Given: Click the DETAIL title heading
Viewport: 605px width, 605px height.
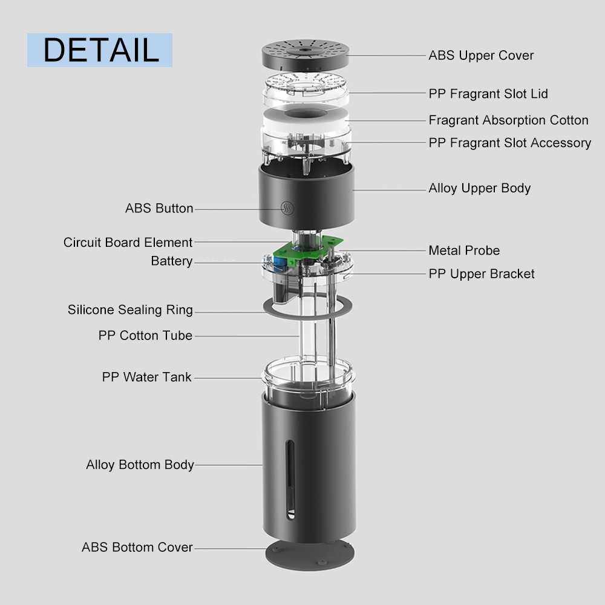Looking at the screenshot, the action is click(101, 50).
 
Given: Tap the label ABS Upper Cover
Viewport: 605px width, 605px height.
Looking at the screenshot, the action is click(481, 56).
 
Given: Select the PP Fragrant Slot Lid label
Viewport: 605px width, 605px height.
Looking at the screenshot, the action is click(488, 94).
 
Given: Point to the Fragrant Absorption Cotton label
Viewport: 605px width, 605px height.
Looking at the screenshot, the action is click(509, 120).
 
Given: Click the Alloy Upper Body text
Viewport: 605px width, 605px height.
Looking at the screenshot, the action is click(480, 188).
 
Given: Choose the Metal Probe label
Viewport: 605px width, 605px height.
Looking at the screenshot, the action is click(464, 250).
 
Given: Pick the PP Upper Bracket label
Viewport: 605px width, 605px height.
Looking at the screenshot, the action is click(482, 273).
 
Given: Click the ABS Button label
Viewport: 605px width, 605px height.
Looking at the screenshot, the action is click(159, 208).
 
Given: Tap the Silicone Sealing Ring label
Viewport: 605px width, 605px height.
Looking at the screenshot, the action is click(130, 310).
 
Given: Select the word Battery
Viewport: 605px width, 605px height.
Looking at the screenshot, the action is click(171, 261).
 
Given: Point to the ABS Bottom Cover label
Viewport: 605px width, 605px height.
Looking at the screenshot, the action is click(137, 547).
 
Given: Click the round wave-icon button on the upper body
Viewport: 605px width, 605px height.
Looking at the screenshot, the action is click(287, 208).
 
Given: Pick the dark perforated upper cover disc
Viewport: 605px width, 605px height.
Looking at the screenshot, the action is click(306, 54).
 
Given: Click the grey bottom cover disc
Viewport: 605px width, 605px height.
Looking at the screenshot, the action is click(310, 555).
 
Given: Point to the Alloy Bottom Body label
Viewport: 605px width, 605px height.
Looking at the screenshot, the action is click(140, 465).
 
